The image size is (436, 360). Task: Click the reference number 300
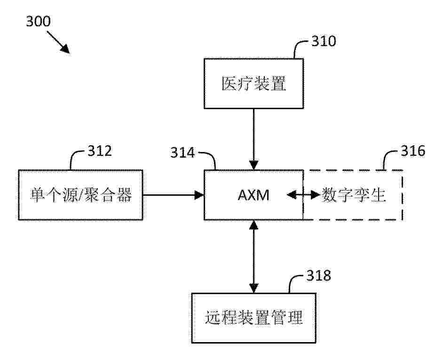[x=39, y=21]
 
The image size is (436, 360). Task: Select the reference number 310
[x=324, y=41]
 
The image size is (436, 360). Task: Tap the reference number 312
[x=100, y=151]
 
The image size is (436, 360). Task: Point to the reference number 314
[x=182, y=153]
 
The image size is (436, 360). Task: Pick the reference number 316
[x=413, y=151]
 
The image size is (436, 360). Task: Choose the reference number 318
[x=319, y=275]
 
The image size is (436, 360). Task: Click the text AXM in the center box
[x=254, y=195]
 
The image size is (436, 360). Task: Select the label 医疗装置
[x=254, y=83]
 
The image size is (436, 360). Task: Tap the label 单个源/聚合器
[x=80, y=195]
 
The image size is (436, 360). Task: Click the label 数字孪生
[x=353, y=195]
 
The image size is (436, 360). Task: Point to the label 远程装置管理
[x=254, y=318]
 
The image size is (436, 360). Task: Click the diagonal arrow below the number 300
[x=58, y=42]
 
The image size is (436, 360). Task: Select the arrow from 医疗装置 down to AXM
[x=254, y=139]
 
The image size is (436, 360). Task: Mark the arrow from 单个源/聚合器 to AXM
[x=174, y=195]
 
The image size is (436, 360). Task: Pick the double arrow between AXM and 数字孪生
[x=303, y=195]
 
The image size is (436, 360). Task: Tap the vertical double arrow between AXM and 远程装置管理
[x=254, y=256]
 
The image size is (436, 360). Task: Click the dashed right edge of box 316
[x=402, y=195]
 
